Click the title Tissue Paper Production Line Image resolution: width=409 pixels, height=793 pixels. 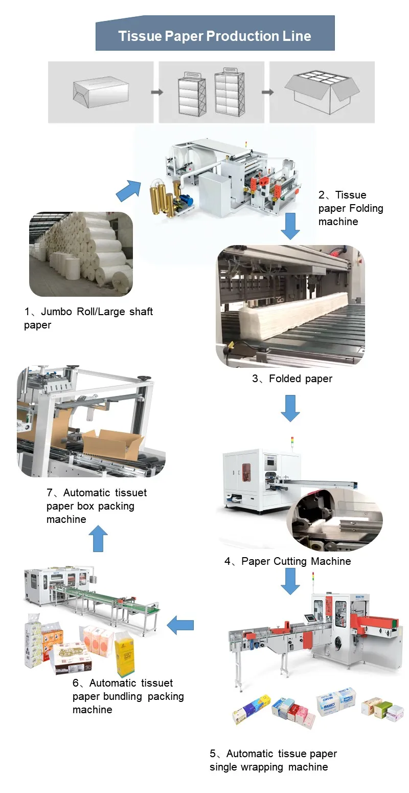point(214,36)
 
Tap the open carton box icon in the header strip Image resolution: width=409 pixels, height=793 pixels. point(322,92)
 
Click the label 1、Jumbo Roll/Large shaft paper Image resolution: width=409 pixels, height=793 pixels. point(88,318)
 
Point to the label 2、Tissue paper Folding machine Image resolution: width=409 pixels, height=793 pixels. point(350,208)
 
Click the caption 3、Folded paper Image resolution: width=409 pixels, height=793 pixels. point(292,379)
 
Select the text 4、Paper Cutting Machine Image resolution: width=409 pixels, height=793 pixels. point(288,561)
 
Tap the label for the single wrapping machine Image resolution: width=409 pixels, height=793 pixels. point(273,760)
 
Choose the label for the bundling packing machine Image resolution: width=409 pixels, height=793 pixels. point(128,696)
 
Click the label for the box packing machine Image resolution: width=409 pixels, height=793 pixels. point(96,506)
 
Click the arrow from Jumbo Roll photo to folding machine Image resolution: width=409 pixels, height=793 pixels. point(128,190)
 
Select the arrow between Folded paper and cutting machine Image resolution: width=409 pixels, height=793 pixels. point(290,408)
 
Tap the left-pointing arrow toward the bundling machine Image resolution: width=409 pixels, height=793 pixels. point(180,625)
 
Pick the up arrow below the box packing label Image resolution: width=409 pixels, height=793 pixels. point(98,538)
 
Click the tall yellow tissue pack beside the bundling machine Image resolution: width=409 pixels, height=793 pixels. point(125,652)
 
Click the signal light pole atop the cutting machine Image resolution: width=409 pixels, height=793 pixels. point(292,443)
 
